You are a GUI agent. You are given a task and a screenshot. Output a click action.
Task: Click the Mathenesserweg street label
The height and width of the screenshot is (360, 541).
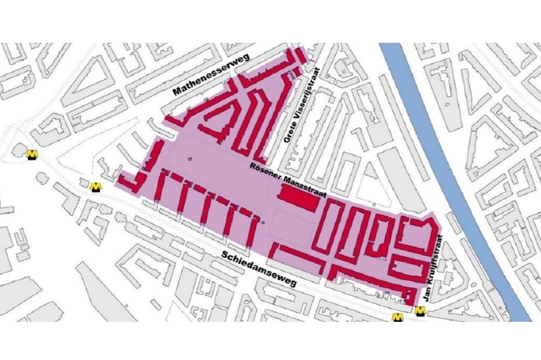coord(211,74)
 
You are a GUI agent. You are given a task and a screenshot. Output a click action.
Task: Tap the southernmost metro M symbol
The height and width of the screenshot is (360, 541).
coord(398,318)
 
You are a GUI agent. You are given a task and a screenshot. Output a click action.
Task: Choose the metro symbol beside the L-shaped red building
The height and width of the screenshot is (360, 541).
coord(96,187)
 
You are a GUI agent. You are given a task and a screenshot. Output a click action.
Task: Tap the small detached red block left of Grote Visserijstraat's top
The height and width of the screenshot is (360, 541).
coord(300,57)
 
